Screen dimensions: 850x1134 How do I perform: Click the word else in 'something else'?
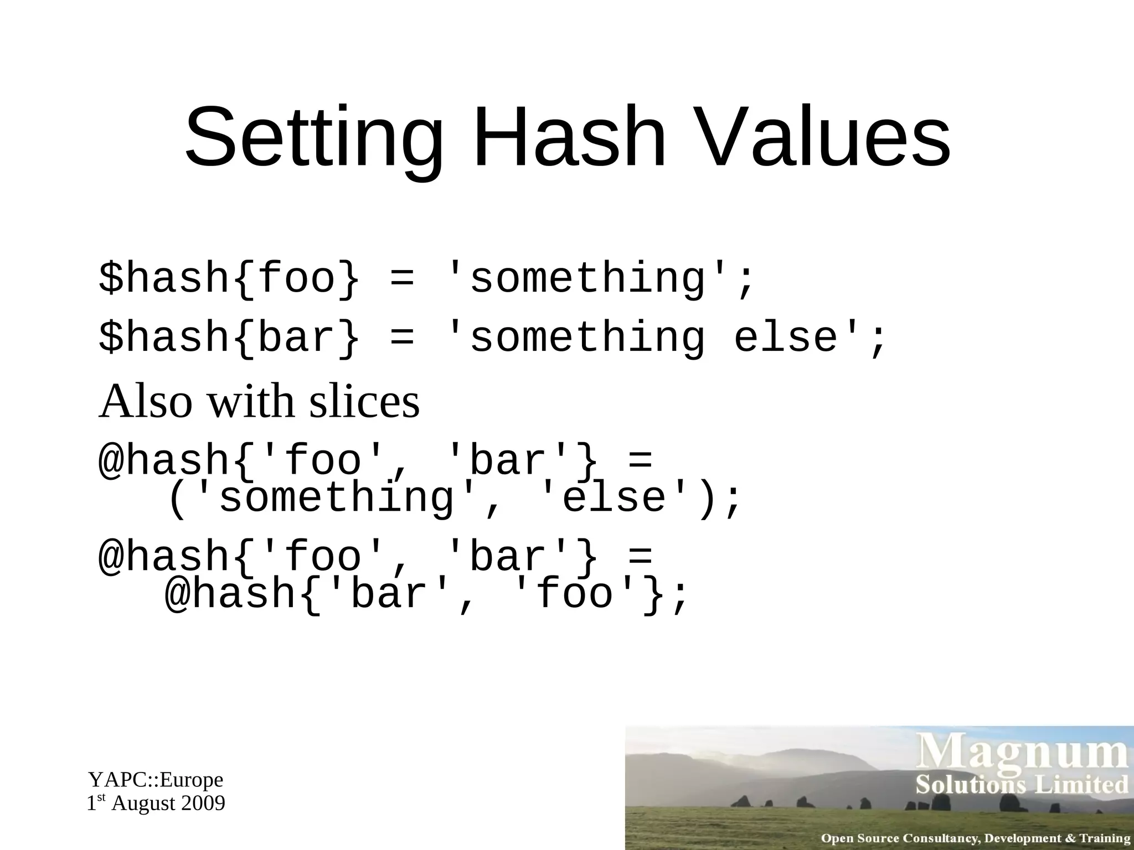click(785, 339)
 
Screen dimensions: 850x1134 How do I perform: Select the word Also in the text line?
click(146, 402)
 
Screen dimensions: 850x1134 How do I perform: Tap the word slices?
click(364, 402)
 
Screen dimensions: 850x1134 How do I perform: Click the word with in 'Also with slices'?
click(251, 402)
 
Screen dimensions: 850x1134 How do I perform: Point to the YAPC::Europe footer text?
click(156, 780)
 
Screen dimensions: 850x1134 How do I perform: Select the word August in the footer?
click(143, 804)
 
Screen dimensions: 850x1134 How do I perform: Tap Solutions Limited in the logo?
click(1022, 785)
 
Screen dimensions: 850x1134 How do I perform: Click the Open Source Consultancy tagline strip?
click(975, 838)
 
